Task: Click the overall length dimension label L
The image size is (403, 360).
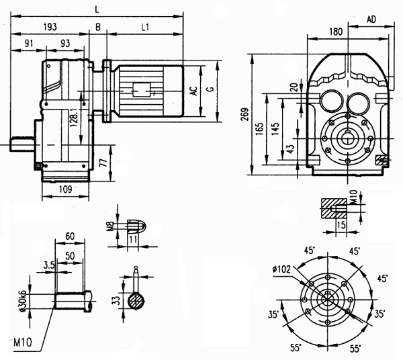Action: pyautogui.click(x=97, y=7)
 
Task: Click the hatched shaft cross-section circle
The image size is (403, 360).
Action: pyautogui.click(x=136, y=300)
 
